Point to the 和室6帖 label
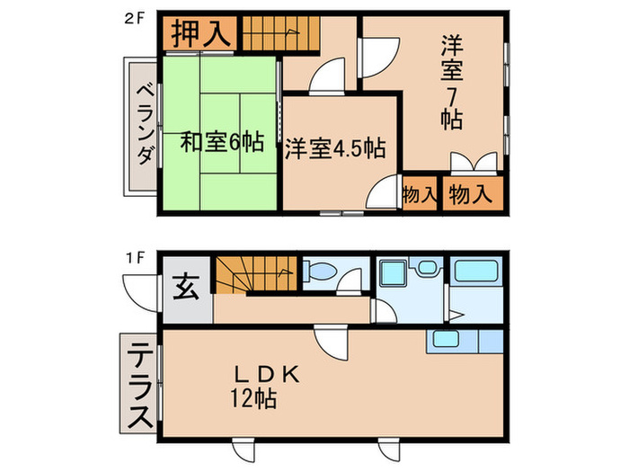pos(221,141)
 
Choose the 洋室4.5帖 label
pos(335,148)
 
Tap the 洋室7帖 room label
pos(450,81)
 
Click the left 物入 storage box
pos(420,193)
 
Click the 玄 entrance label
pos(185,290)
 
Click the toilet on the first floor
pos(322,271)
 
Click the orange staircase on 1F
pos(254,273)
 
